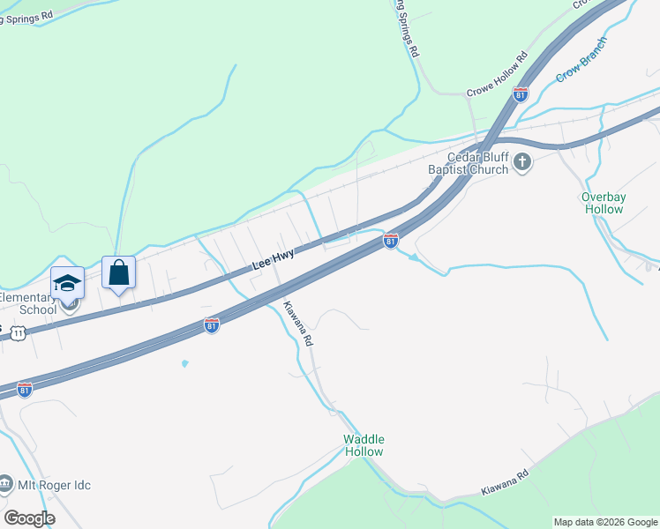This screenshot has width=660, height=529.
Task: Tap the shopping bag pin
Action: (x=118, y=272)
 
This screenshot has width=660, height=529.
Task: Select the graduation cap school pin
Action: (x=67, y=283)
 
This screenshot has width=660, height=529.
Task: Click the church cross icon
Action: (x=522, y=161)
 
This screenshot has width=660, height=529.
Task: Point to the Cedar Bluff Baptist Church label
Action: (x=469, y=163)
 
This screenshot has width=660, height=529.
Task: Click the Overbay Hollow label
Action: (x=604, y=203)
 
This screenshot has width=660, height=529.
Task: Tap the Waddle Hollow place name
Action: (x=364, y=445)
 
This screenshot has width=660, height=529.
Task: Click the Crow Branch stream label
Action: (x=582, y=60)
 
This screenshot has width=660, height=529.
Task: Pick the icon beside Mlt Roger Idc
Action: (x=5, y=484)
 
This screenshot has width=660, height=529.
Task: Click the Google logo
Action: (x=28, y=518)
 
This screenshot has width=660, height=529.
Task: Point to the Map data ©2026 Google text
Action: (x=605, y=522)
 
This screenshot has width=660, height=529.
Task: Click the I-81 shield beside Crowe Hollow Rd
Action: (x=521, y=95)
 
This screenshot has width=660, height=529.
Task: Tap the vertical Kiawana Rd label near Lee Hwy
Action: (x=297, y=324)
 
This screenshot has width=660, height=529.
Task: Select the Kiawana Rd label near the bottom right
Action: (x=504, y=481)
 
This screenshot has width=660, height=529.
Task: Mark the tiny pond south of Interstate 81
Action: (x=184, y=363)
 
